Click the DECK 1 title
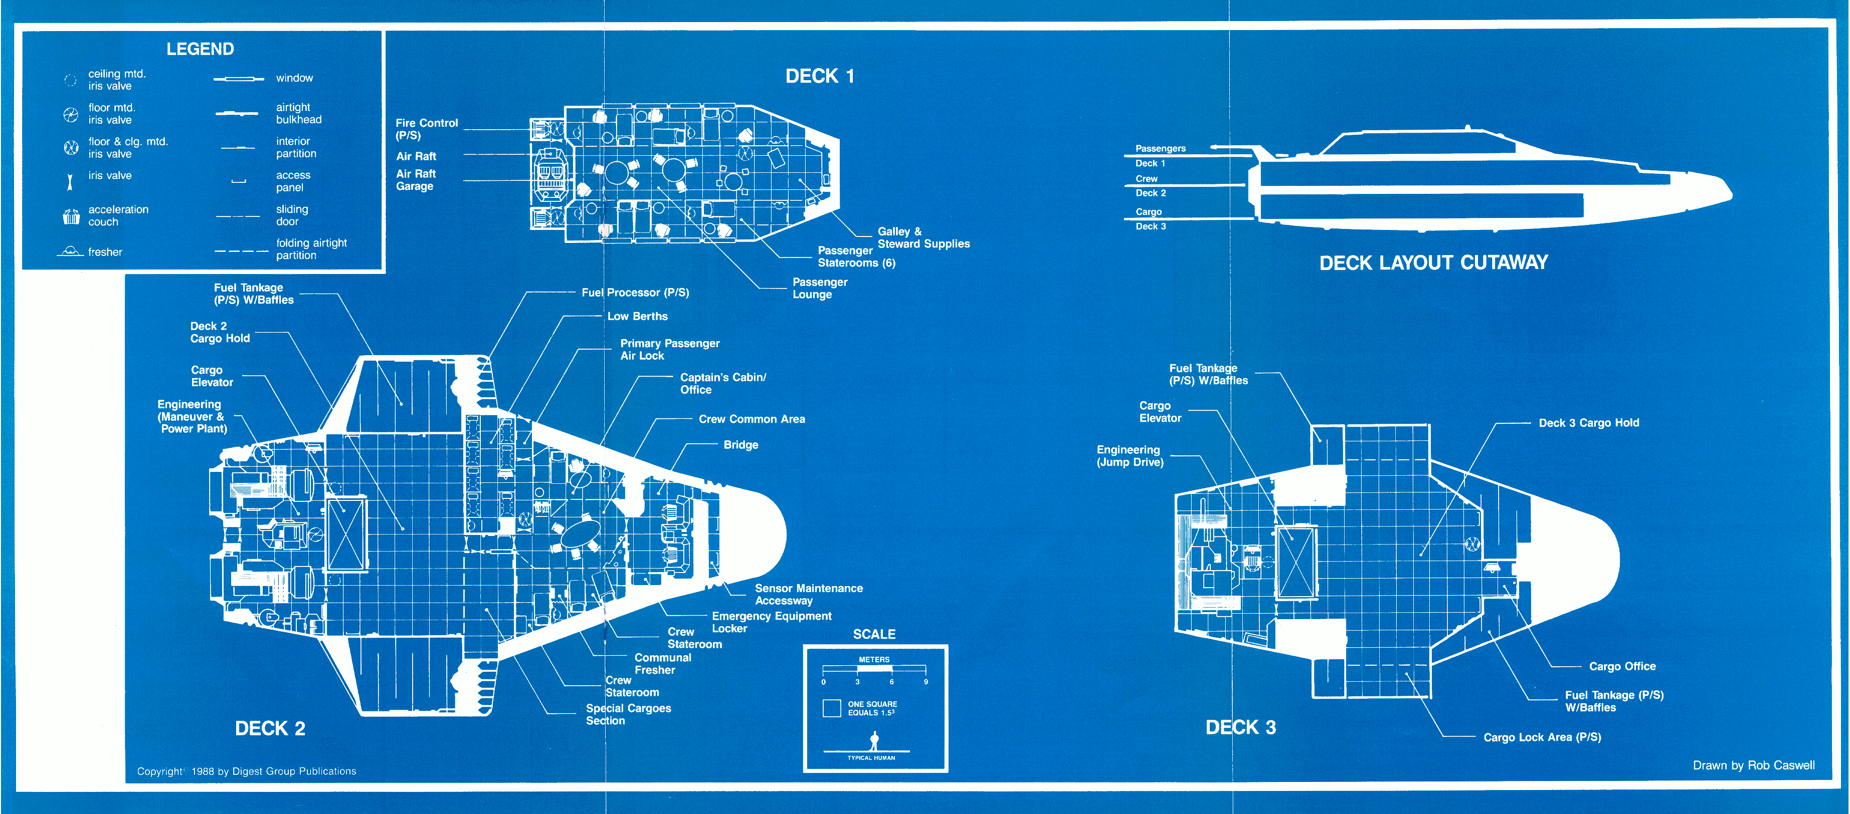pos(819,76)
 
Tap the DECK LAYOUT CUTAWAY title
pos(1433,262)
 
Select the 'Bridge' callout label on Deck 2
pos(741,445)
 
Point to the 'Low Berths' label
pos(637,317)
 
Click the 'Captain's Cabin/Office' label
pos(722,383)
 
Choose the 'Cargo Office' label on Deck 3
pos(1621,666)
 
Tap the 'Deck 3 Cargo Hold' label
pos(1589,423)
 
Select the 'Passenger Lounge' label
pos(819,288)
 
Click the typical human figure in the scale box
pos(874,741)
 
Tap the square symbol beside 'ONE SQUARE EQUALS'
pos(832,708)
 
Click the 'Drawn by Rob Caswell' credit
pos(1753,765)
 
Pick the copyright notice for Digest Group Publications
pos(246,771)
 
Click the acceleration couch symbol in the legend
pos(71,216)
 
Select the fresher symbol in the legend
pos(70,251)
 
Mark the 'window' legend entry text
pos(294,78)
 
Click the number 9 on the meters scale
pos(926,682)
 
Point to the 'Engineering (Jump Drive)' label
pos(1129,456)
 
